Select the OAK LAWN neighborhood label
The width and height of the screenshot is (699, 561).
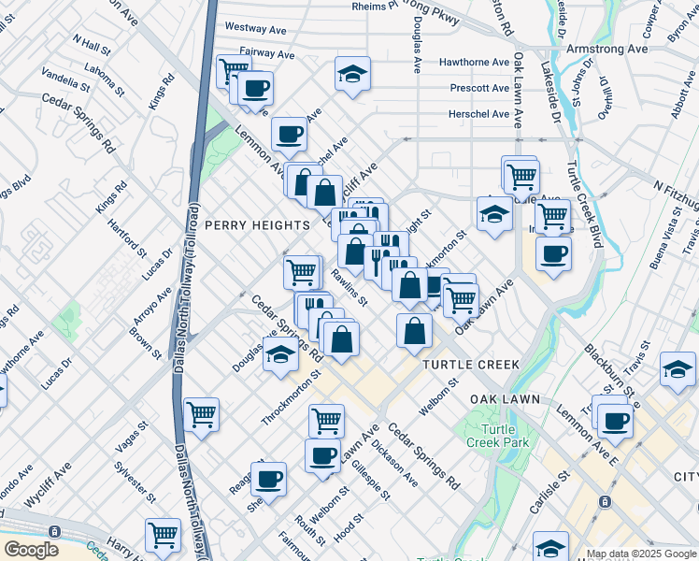click(505, 399)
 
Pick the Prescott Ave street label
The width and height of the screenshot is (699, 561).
click(479, 88)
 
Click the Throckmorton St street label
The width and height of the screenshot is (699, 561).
click(291, 397)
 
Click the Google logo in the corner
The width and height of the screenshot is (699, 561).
click(31, 549)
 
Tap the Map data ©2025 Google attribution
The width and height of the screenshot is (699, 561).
click(640, 554)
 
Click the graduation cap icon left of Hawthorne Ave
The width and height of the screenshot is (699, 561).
click(352, 74)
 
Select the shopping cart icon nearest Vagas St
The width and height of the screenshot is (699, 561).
click(202, 413)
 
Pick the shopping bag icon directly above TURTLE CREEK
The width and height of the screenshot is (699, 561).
click(414, 331)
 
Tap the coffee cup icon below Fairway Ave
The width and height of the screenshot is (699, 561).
click(255, 89)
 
